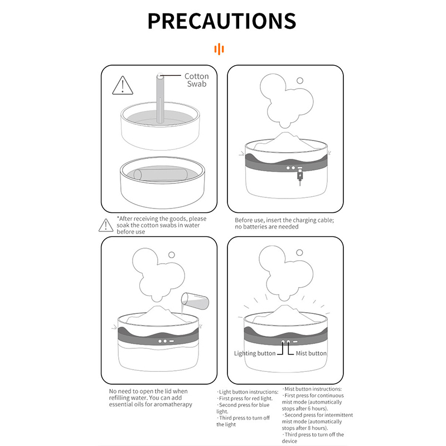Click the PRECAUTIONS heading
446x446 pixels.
click(222, 21)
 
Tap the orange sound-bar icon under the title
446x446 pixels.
click(219, 49)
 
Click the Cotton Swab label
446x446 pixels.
click(197, 80)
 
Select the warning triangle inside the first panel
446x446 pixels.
click(123, 85)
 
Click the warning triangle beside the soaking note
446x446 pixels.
click(106, 225)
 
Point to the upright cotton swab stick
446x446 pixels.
click(160, 98)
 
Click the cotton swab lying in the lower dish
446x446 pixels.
click(161, 174)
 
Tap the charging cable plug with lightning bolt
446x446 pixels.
click(300, 176)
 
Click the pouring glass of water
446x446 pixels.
click(195, 301)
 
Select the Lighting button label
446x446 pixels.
click(255, 353)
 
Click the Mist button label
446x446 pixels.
click(311, 353)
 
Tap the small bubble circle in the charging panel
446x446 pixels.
click(300, 80)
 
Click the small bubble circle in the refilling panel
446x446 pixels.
click(172, 255)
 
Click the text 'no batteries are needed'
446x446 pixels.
click(266, 227)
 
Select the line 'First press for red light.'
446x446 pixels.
click(245, 398)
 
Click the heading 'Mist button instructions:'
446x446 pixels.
click(312, 389)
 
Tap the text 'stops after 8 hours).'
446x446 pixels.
click(305, 428)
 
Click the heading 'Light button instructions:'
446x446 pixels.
click(248, 392)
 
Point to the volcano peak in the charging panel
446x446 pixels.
click(286, 134)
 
